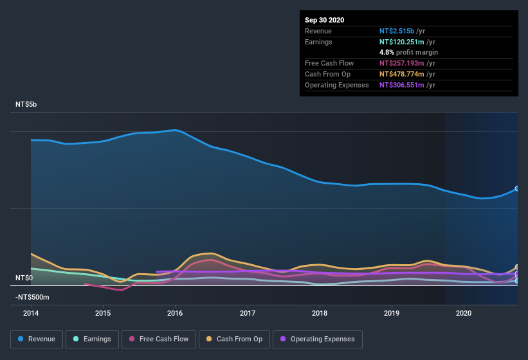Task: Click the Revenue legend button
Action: pyautogui.click(x=37, y=339)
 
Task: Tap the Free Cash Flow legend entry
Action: pyautogui.click(x=158, y=339)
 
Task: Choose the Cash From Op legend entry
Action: pyautogui.click(x=233, y=339)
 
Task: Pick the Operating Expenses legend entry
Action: pyautogui.click(x=317, y=339)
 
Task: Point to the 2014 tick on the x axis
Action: pyautogui.click(x=31, y=313)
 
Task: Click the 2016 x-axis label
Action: pyautogui.click(x=175, y=313)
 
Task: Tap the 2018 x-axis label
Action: pyautogui.click(x=320, y=313)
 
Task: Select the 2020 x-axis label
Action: pyautogui.click(x=464, y=313)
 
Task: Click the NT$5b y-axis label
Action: pyautogui.click(x=26, y=104)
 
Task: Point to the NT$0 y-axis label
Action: pyautogui.click(x=24, y=278)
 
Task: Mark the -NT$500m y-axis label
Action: pyautogui.click(x=32, y=297)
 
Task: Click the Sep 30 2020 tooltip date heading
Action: pyautogui.click(x=325, y=20)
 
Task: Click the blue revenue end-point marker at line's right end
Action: pyautogui.click(x=517, y=188)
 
